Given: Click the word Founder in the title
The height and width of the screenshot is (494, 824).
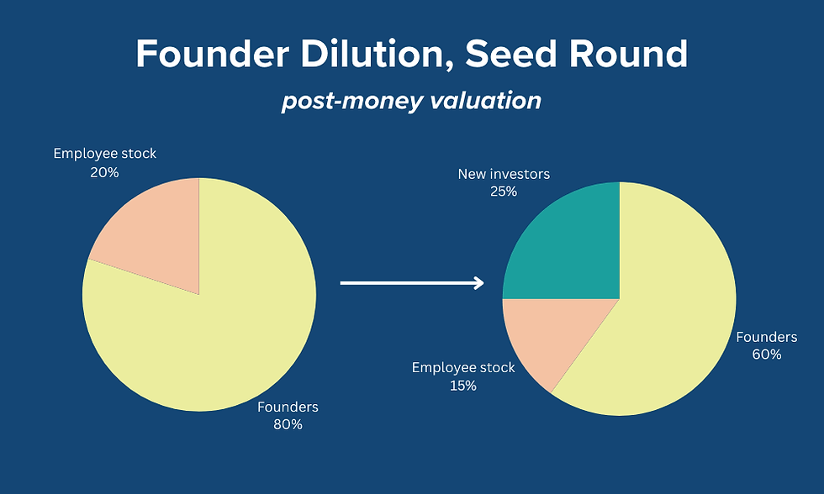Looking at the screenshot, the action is tap(212, 54).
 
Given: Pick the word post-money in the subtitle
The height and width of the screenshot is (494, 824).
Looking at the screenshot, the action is tap(351, 102).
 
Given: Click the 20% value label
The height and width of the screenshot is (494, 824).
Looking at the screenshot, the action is tap(104, 172).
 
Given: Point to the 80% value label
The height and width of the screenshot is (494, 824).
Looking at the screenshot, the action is tap(288, 424).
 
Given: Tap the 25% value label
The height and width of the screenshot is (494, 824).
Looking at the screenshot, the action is tap(504, 192).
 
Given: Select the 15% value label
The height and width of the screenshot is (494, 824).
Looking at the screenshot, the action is tap(463, 386).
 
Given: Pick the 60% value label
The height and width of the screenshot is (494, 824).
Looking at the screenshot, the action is tap(767, 355).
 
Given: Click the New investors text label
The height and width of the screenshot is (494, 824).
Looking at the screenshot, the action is tap(504, 174).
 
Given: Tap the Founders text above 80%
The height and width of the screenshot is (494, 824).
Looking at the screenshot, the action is tap(288, 407).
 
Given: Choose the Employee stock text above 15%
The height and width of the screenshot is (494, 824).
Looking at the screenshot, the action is tap(463, 367).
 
